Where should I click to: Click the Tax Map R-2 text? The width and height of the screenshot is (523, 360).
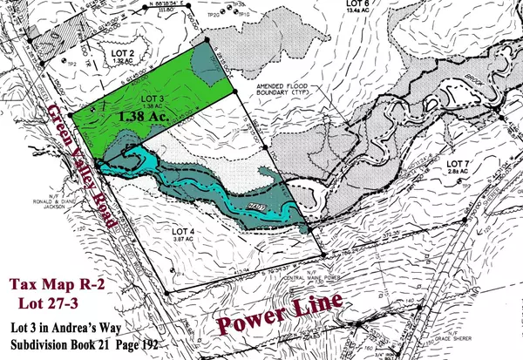pos(60,285)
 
